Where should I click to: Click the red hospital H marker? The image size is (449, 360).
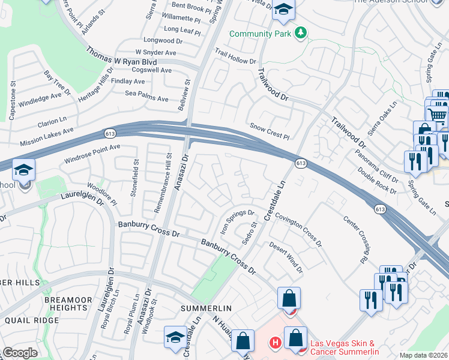[x=275, y=343]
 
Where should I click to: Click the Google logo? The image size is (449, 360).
[x=19, y=353]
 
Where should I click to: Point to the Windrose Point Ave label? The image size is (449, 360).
[x=92, y=154]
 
